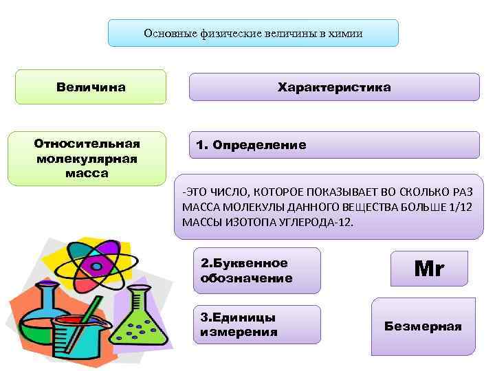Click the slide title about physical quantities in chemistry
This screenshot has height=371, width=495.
coord(253,33)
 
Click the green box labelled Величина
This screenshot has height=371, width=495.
coord(91,87)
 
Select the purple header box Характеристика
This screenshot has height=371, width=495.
coord(334,87)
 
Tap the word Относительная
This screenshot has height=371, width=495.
coord(87,144)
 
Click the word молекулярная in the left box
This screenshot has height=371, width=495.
coord(87,159)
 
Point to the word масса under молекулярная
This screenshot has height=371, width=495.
coord(87,173)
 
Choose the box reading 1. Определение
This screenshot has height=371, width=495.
coord(334,146)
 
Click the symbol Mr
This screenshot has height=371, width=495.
coord(429,269)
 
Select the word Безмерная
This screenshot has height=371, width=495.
coord(423,326)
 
